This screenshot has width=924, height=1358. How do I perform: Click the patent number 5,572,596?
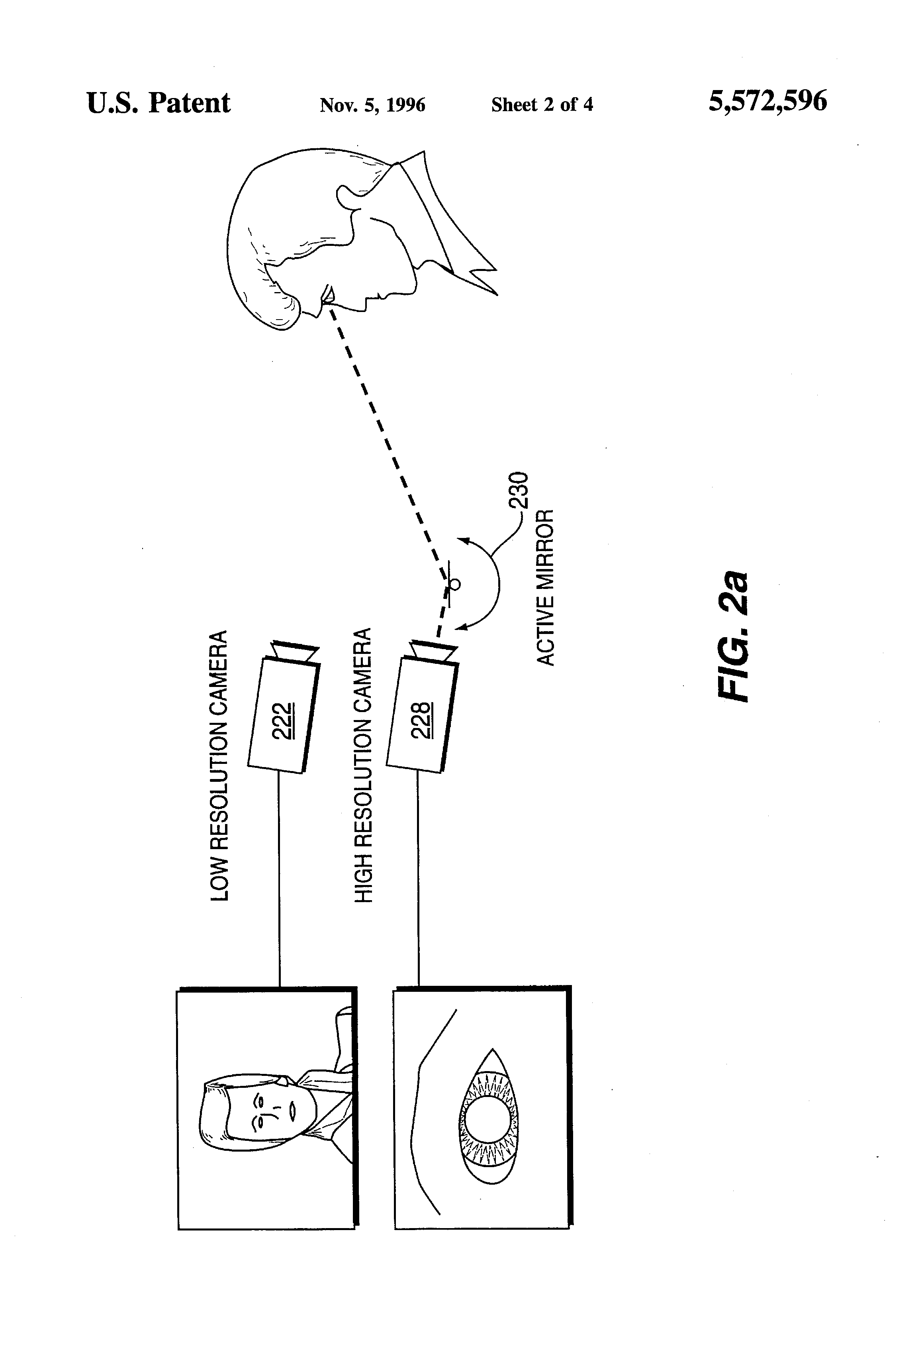coord(767,102)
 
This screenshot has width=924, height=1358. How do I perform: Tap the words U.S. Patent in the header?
coord(158,103)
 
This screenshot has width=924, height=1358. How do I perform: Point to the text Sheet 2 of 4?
coord(542,104)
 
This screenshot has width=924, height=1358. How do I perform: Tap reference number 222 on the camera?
coord(284,720)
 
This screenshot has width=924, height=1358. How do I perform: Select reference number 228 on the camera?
coord(422,720)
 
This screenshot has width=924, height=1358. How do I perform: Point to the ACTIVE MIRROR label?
coord(545,587)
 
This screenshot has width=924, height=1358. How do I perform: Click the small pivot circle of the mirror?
coord(455,584)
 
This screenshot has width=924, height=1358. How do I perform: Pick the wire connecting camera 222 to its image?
coord(279,879)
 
